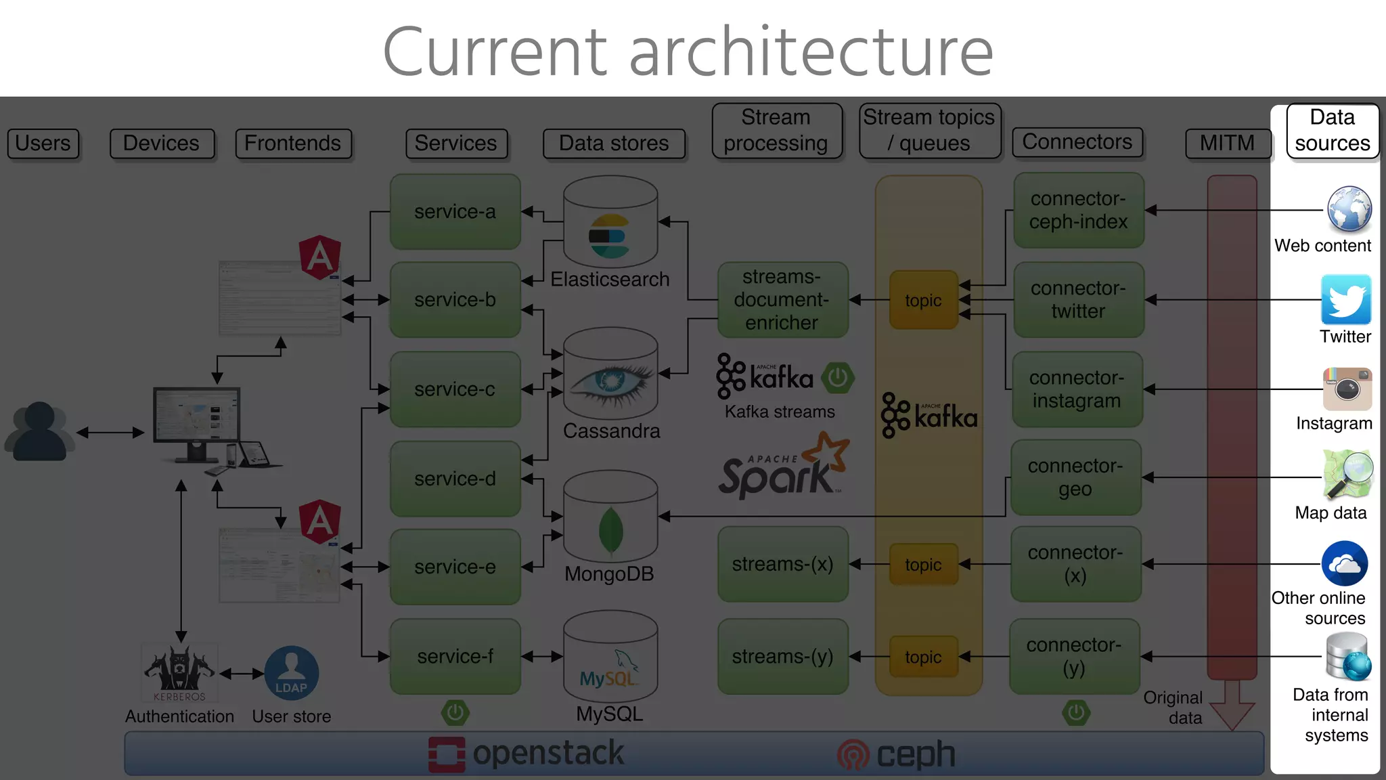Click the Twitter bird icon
point(1346,299)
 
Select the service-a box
point(455,212)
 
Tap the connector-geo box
point(1075,477)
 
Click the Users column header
point(43,144)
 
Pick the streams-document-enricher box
point(782,300)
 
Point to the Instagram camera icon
point(1347,389)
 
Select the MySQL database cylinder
point(610,657)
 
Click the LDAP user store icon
point(291,673)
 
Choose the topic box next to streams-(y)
point(923,657)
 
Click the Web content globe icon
point(1349,209)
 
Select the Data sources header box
point(1332,131)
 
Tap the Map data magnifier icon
point(1347,474)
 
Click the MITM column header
point(1227,144)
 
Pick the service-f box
point(455,657)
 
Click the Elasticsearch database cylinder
point(610,223)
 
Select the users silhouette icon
point(39,432)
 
